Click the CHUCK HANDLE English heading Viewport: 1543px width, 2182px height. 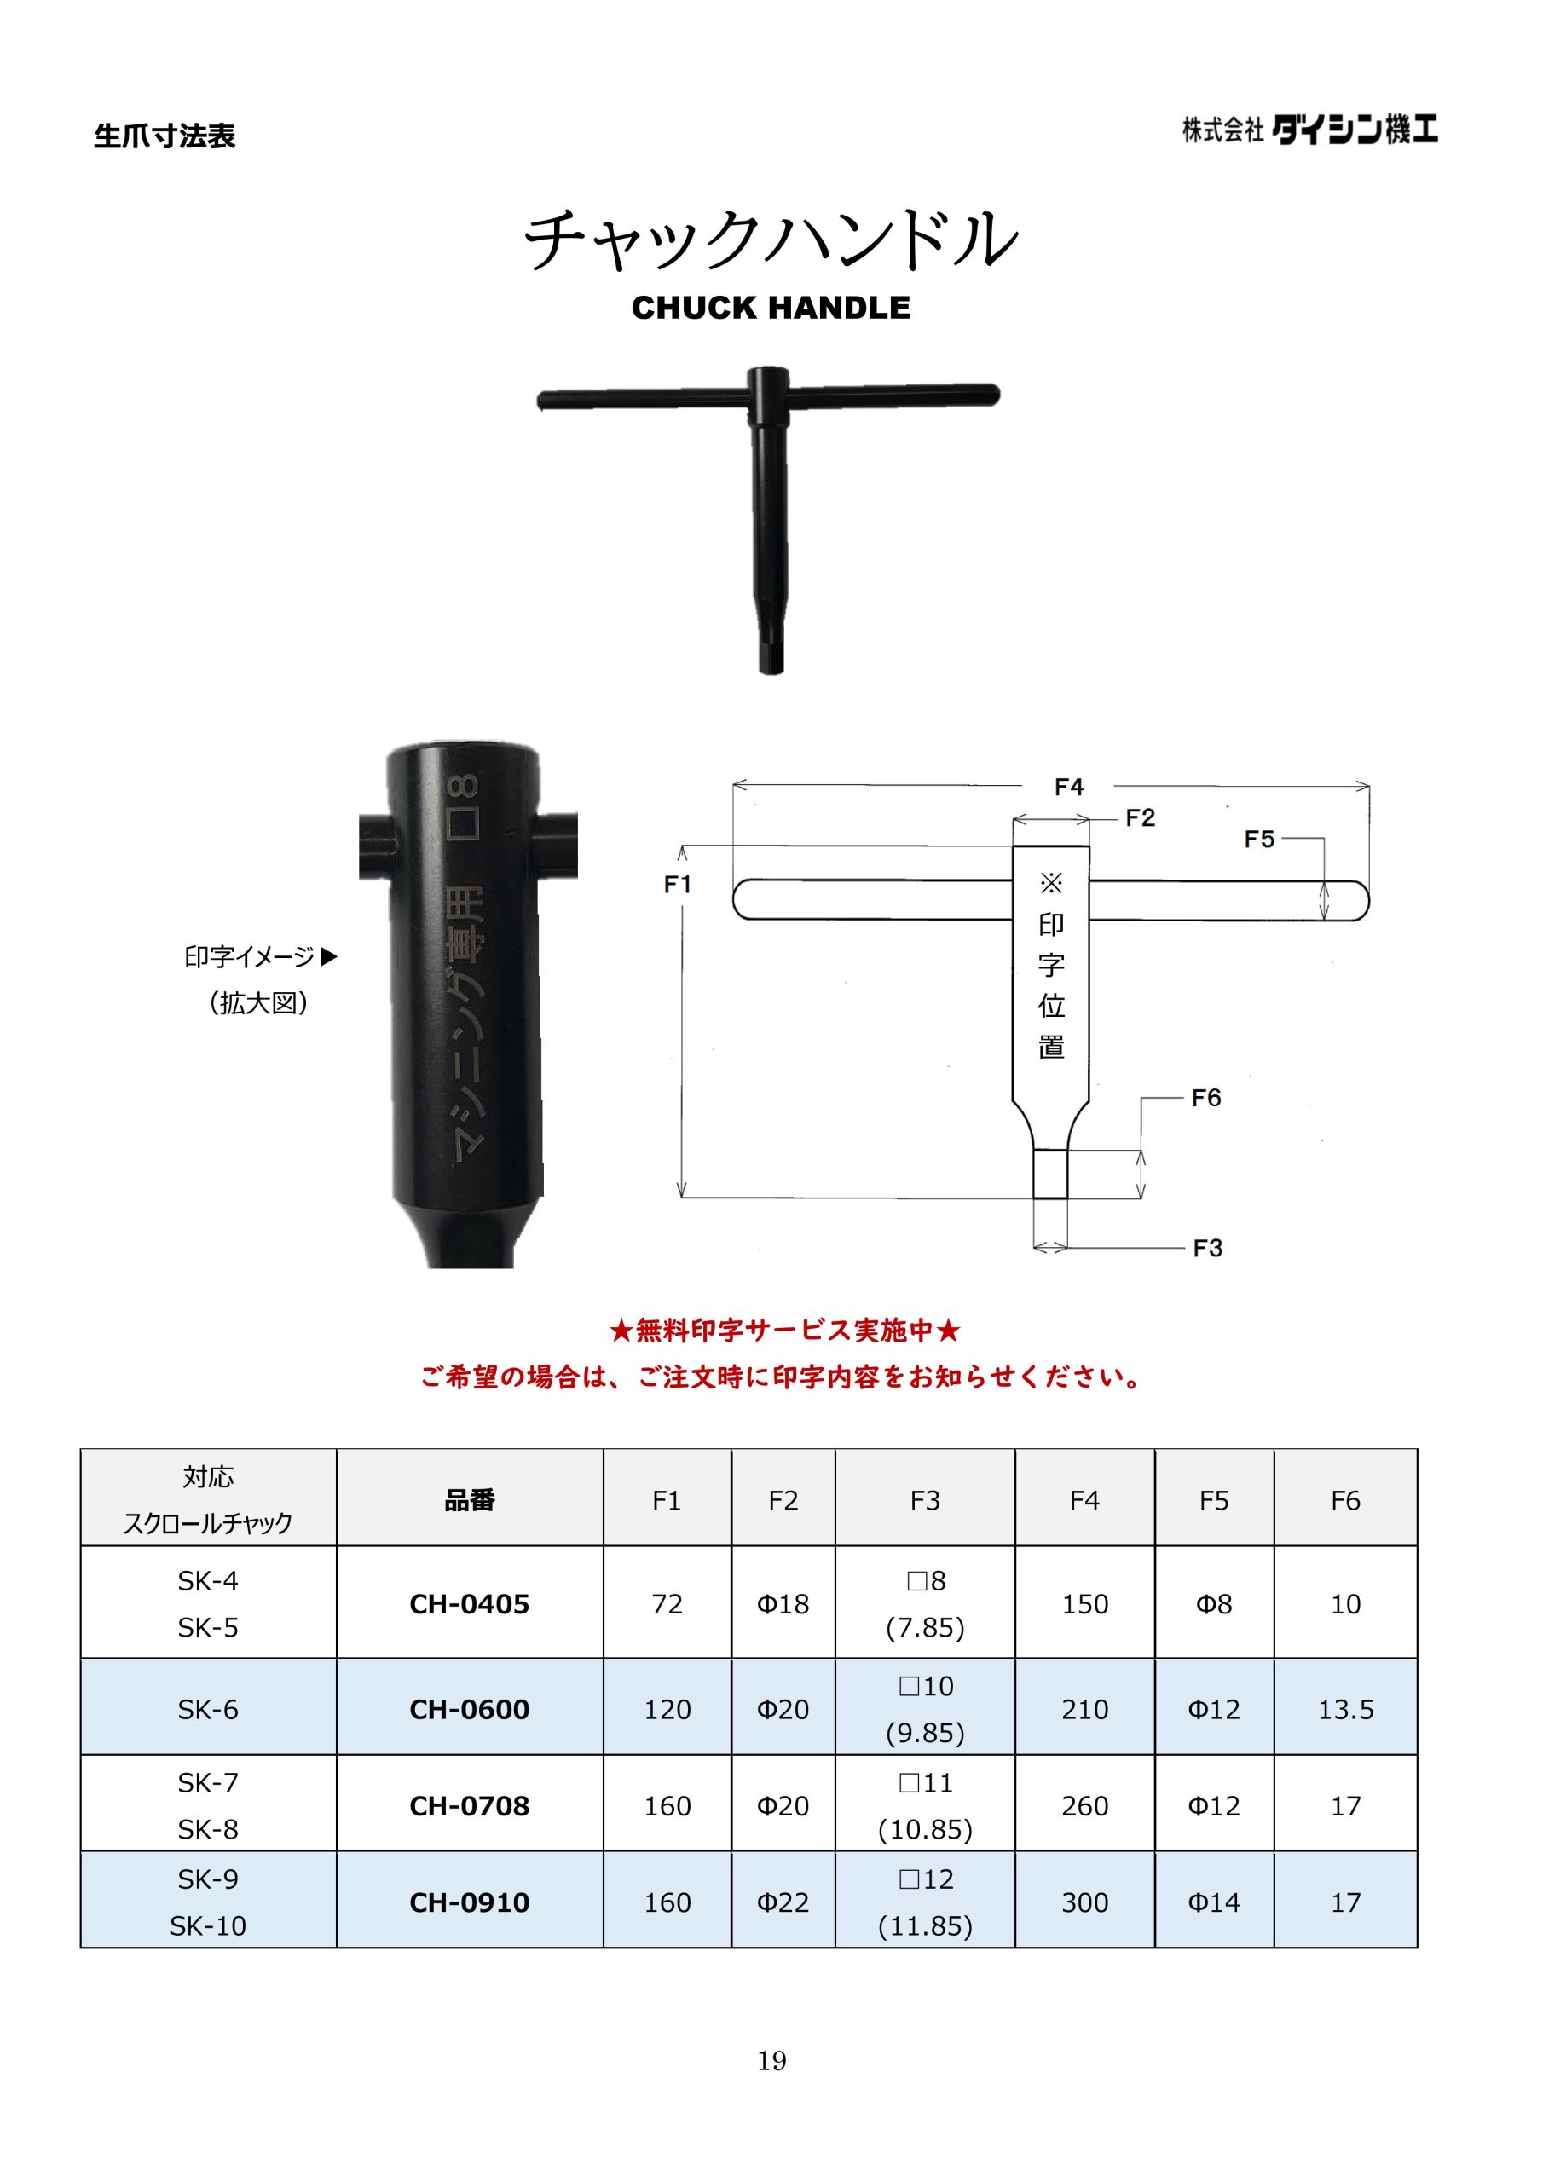pos(771,308)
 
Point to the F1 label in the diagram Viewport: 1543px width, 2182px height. pos(677,885)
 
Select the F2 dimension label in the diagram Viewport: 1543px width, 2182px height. pos(1140,818)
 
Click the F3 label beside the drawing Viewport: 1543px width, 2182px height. pos(1207,1248)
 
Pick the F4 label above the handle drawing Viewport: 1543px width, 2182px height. pos(1069,787)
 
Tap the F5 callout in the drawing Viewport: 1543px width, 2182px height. pos(1259,840)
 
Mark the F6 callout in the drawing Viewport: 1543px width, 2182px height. pos(1205,1098)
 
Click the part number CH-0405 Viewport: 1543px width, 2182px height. pos(470,1604)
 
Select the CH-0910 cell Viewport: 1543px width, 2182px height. pos(470,1902)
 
